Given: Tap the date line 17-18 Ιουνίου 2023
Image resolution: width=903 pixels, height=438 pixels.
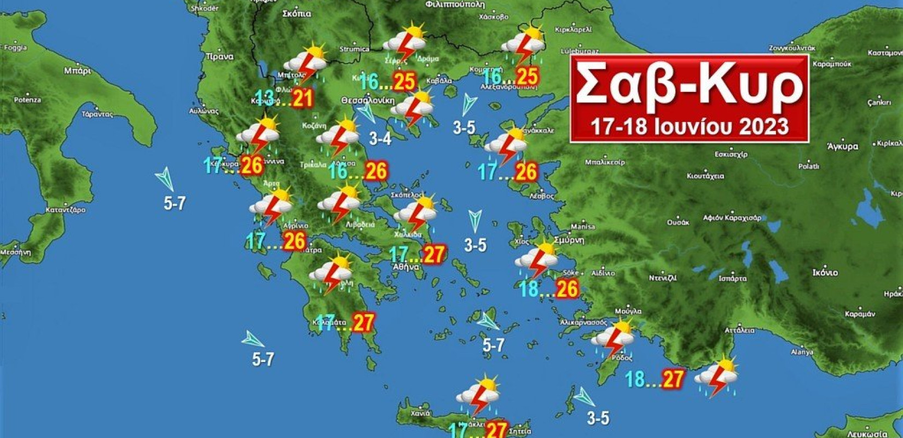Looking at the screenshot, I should [x=689, y=126].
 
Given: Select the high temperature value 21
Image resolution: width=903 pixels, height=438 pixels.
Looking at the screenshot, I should [x=302, y=99].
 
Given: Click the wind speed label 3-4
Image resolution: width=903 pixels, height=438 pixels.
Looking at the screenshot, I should [x=380, y=139].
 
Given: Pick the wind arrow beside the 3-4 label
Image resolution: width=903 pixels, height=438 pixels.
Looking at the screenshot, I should [x=366, y=113].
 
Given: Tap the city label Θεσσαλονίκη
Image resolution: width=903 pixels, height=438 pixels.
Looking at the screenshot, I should [x=367, y=101].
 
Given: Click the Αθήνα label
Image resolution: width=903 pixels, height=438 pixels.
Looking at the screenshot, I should [x=406, y=267].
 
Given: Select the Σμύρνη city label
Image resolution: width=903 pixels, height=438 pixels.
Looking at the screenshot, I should [x=569, y=240].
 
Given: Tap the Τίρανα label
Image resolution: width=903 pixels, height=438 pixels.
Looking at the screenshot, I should [x=219, y=56].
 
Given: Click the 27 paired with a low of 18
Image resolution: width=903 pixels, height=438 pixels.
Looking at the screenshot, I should [x=673, y=379].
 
